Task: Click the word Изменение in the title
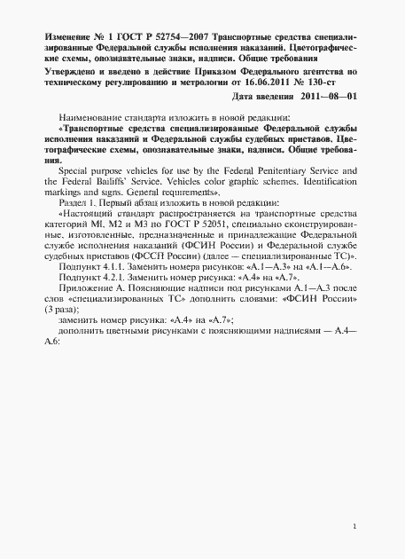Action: pyautogui.click(x=67, y=35)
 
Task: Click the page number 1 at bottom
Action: pyautogui.click(x=354, y=527)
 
